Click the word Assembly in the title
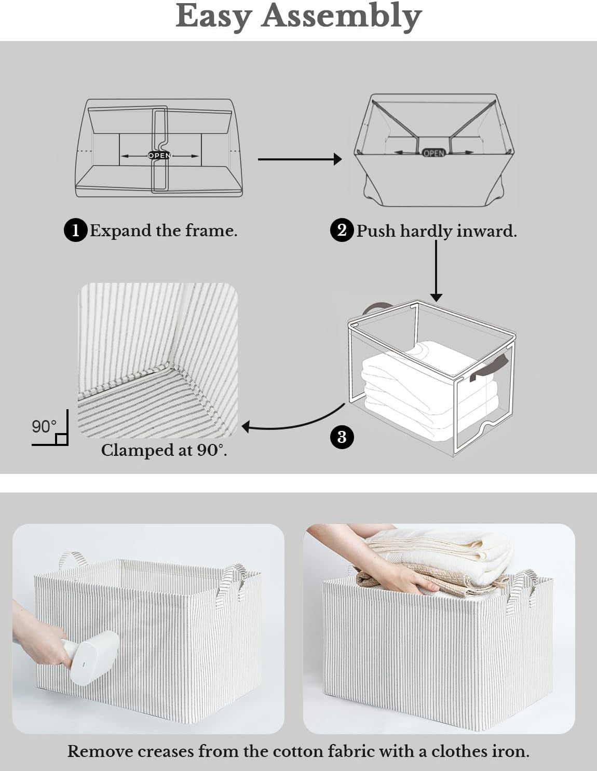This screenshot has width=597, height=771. pyautogui.click(x=342, y=17)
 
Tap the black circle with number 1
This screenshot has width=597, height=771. pyautogui.click(x=76, y=231)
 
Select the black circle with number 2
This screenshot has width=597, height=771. pyautogui.click(x=342, y=231)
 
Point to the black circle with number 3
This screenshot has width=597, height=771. pyautogui.click(x=342, y=437)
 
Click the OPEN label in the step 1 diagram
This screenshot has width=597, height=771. pyautogui.click(x=159, y=155)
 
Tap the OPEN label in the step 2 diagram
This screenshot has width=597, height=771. pyautogui.click(x=433, y=153)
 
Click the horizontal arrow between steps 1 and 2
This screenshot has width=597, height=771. pyautogui.click(x=300, y=159)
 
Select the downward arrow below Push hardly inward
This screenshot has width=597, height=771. pyautogui.click(x=436, y=271)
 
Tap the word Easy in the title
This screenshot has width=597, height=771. pyautogui.click(x=214, y=17)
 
